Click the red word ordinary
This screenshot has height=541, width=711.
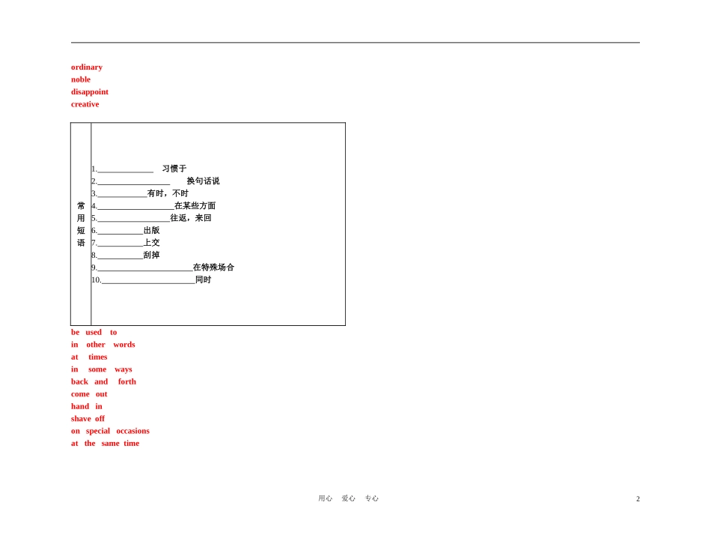click(x=87, y=67)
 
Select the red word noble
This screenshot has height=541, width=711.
click(x=81, y=79)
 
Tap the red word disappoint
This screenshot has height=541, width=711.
click(x=90, y=92)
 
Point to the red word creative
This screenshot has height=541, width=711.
click(x=85, y=104)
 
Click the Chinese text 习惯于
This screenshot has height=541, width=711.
click(x=174, y=169)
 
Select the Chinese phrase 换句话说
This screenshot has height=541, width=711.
click(x=203, y=181)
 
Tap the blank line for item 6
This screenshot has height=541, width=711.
click(x=120, y=232)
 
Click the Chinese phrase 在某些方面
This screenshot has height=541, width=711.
click(x=195, y=206)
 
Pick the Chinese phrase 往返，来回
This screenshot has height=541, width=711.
click(x=190, y=218)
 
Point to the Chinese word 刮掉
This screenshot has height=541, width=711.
click(x=151, y=255)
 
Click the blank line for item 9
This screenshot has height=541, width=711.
click(x=144, y=268)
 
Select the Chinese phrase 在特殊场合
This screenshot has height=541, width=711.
click(x=213, y=268)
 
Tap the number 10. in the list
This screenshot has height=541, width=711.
click(x=96, y=280)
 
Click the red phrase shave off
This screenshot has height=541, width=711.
click(x=88, y=419)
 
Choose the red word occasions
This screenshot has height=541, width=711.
click(x=132, y=431)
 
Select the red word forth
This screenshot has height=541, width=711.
click(x=127, y=381)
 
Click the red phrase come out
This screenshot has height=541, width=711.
click(x=89, y=394)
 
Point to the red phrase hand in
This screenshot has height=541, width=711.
click(x=87, y=406)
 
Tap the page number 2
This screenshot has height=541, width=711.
click(x=638, y=499)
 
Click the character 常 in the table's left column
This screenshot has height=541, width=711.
click(x=81, y=206)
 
